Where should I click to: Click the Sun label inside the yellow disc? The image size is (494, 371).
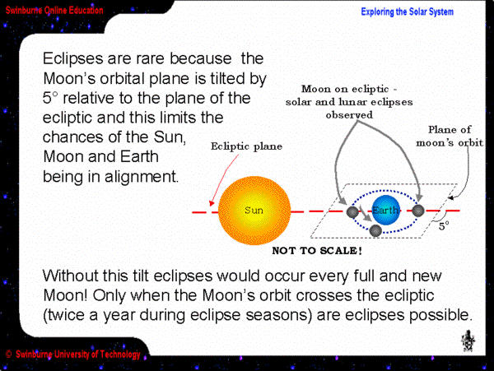(x=254, y=211)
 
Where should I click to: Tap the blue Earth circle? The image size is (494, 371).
(x=385, y=211)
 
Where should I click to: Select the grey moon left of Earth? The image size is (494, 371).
(x=352, y=211)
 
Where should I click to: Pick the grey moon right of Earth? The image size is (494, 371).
(x=418, y=211)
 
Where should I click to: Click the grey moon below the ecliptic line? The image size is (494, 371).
(x=375, y=230)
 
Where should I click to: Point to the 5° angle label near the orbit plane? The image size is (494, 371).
(x=444, y=226)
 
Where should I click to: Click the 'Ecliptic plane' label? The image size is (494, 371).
(x=246, y=146)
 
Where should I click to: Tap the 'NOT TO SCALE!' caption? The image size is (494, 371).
(x=317, y=251)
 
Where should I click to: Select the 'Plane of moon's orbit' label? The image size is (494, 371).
(x=450, y=136)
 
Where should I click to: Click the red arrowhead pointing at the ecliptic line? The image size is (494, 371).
(x=212, y=203)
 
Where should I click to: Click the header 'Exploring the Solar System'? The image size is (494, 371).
(x=407, y=12)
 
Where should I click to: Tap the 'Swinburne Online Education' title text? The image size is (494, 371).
(x=54, y=10)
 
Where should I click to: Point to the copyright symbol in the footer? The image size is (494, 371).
(x=9, y=355)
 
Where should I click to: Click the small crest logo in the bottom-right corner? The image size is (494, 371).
(x=468, y=341)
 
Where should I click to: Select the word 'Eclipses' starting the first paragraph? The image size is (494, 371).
(x=73, y=59)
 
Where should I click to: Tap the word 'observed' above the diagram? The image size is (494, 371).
(x=349, y=115)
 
